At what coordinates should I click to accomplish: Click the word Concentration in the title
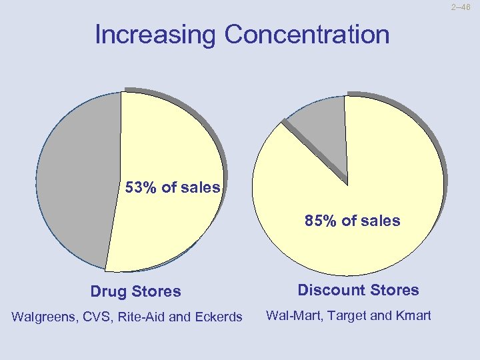click(307, 35)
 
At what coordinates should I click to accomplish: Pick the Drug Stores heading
click(135, 291)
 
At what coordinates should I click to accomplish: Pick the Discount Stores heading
click(358, 290)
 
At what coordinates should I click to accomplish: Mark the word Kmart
click(411, 315)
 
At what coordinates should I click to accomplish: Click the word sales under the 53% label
click(199, 188)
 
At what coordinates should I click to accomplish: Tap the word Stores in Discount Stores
click(395, 290)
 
